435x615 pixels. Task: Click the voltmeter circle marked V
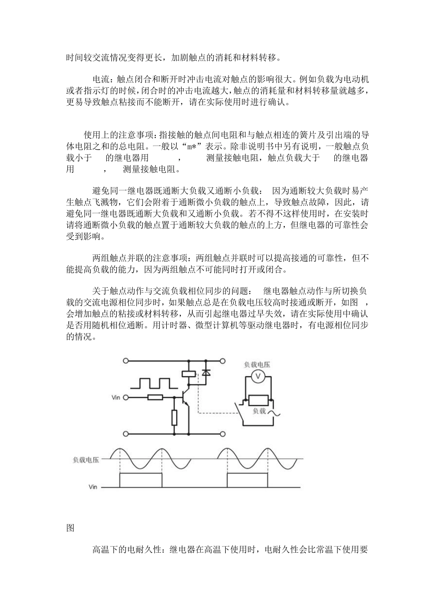point(257,376)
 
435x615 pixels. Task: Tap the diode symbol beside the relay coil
point(206,373)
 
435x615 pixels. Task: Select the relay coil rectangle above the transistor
point(188,373)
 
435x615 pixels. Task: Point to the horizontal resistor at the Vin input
point(155,397)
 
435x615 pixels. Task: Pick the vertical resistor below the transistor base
point(174,417)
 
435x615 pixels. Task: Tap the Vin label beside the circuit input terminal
point(116,397)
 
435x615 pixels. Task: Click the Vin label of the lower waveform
point(93,487)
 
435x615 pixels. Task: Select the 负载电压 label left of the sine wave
point(86,460)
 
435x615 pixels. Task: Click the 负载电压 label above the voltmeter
point(257,364)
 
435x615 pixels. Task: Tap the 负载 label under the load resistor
point(259,411)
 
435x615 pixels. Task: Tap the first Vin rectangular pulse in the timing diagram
point(141,480)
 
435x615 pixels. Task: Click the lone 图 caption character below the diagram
point(70,528)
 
